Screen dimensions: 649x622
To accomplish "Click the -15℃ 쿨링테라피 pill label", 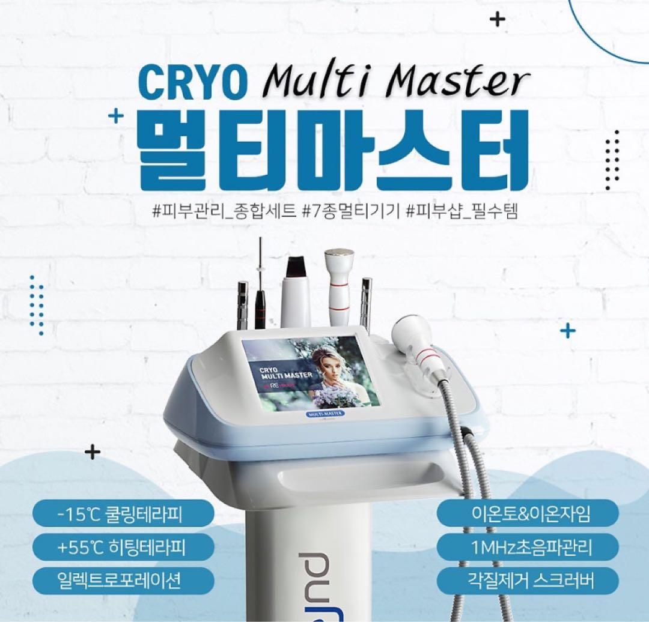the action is [x=123, y=514].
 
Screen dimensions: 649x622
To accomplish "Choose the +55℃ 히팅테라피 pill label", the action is [x=123, y=547].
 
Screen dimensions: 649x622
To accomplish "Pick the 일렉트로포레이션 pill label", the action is [x=123, y=580].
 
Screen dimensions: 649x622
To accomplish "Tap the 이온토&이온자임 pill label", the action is [x=528, y=514].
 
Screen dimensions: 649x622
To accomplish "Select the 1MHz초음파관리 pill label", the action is [x=528, y=547].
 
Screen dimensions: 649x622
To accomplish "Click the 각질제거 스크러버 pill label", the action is [x=528, y=580].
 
